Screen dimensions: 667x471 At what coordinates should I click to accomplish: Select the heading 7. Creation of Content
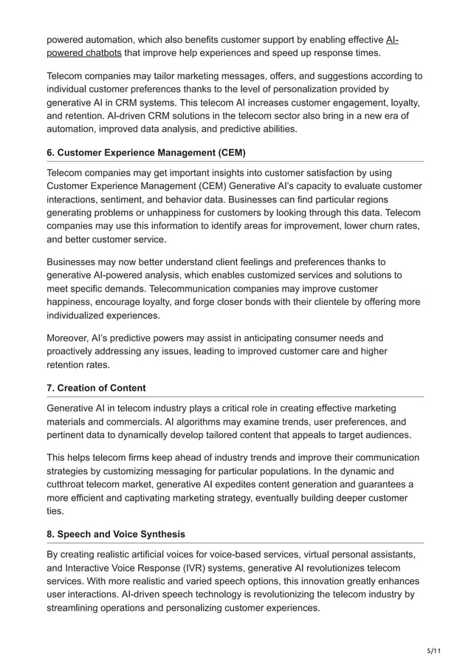coord(96,388)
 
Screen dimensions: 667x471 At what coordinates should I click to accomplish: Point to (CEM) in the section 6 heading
coord(229,153)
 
